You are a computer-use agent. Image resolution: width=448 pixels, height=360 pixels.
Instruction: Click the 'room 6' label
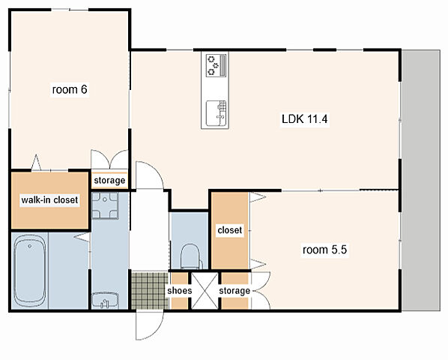point(70,89)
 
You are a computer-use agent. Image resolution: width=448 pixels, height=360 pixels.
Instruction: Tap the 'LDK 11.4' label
point(305,118)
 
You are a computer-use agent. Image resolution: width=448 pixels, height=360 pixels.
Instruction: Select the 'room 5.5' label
point(324,250)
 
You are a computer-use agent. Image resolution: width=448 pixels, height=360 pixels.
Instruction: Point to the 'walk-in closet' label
point(49,199)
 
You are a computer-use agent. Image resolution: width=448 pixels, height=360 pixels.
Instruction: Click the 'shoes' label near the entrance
point(180,291)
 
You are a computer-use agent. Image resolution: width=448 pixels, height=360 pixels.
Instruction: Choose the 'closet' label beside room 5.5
point(230,230)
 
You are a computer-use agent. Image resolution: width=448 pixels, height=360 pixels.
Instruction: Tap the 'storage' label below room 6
point(109,181)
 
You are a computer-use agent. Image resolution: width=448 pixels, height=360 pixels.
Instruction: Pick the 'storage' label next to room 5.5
point(234,291)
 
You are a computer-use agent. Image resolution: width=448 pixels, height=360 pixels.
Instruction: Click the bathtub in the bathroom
point(30,271)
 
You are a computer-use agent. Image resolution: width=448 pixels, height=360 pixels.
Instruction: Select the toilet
point(190,256)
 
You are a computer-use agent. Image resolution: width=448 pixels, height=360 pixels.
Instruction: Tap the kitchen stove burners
point(216,65)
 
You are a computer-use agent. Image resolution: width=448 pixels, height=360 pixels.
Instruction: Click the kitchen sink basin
point(217,113)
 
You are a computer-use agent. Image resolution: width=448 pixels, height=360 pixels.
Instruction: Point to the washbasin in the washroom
point(105,300)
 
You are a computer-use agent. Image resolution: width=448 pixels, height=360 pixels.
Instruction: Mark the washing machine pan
point(105,205)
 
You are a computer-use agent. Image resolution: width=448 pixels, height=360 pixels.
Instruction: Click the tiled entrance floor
point(149,290)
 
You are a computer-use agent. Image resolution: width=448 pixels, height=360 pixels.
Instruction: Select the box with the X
point(205,291)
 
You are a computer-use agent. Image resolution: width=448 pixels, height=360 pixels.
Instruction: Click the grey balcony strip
point(421,181)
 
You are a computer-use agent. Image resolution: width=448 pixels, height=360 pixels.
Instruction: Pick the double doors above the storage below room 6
point(109,159)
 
